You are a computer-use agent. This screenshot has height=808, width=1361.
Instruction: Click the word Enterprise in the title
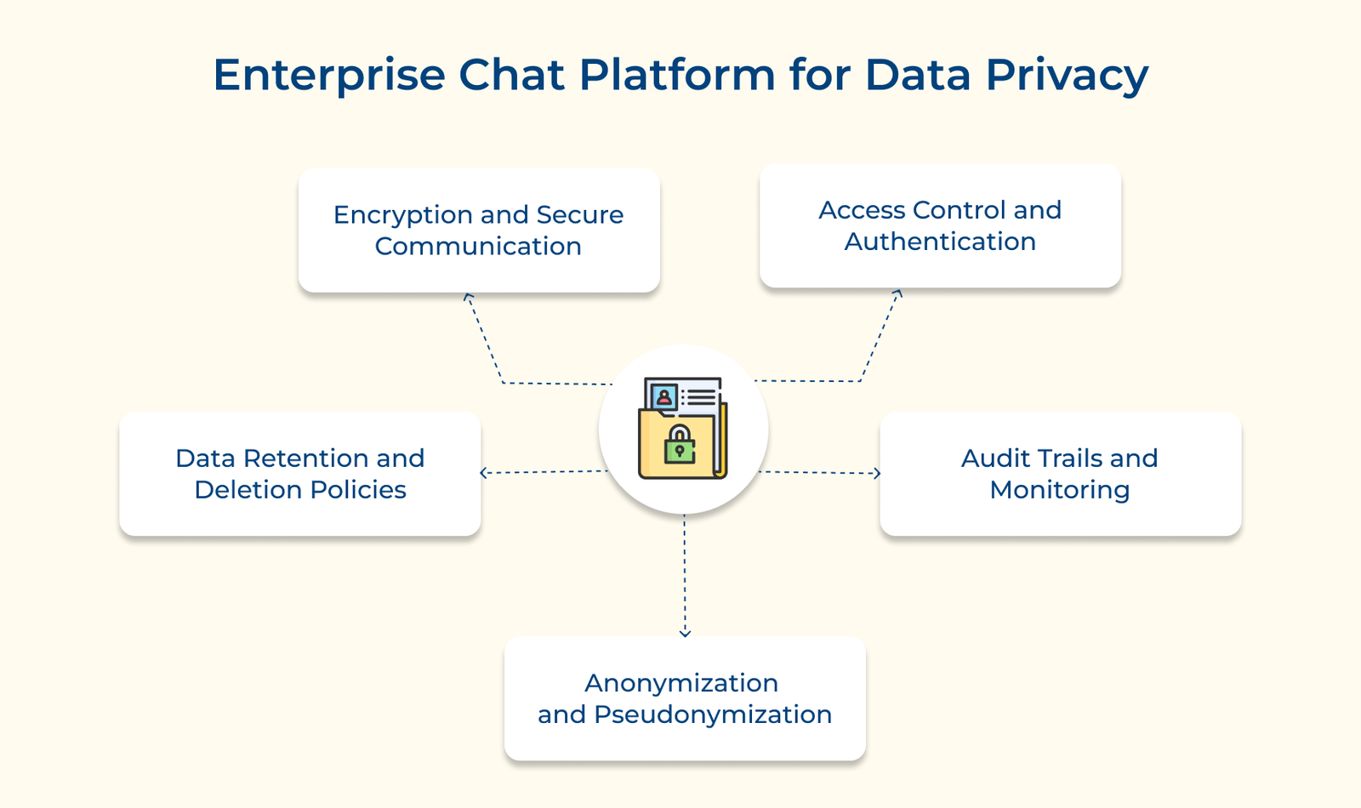(328, 76)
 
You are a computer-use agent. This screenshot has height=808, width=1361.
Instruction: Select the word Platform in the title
(677, 76)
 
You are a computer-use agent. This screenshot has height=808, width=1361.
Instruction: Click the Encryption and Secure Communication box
(479, 230)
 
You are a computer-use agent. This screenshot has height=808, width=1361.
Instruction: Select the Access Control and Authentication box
(940, 225)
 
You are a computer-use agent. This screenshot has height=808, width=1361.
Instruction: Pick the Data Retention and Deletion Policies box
(300, 474)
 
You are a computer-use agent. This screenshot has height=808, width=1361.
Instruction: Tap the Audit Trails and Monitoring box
(1060, 474)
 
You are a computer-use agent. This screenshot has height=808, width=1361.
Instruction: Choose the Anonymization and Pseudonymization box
(685, 698)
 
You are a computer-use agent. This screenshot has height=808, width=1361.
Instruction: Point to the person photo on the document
(663, 397)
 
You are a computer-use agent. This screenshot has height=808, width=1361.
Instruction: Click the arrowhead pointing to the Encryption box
(467, 296)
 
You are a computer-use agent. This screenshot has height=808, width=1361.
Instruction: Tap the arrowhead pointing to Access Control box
(898, 293)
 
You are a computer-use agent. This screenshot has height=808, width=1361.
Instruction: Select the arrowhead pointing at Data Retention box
(484, 473)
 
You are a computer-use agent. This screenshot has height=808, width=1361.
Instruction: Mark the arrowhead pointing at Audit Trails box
(877, 473)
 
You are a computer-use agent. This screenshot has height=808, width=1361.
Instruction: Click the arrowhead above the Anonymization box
(685, 633)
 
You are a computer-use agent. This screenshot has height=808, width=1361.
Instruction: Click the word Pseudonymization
(713, 714)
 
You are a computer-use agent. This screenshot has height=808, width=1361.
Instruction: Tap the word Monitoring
(1060, 490)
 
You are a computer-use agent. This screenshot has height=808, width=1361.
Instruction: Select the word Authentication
(940, 242)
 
